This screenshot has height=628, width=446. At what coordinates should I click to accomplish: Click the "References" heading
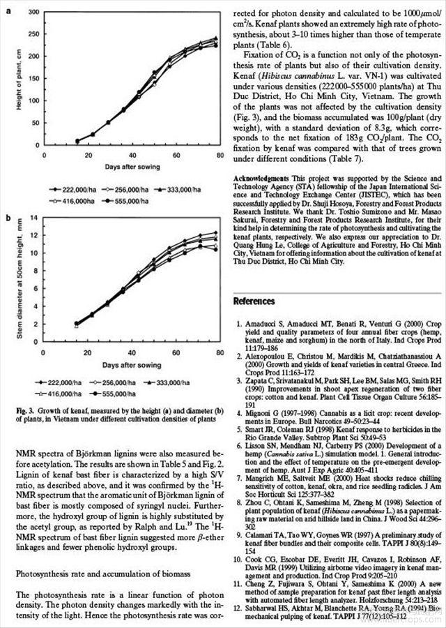pyautogui.click(x=254, y=301)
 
